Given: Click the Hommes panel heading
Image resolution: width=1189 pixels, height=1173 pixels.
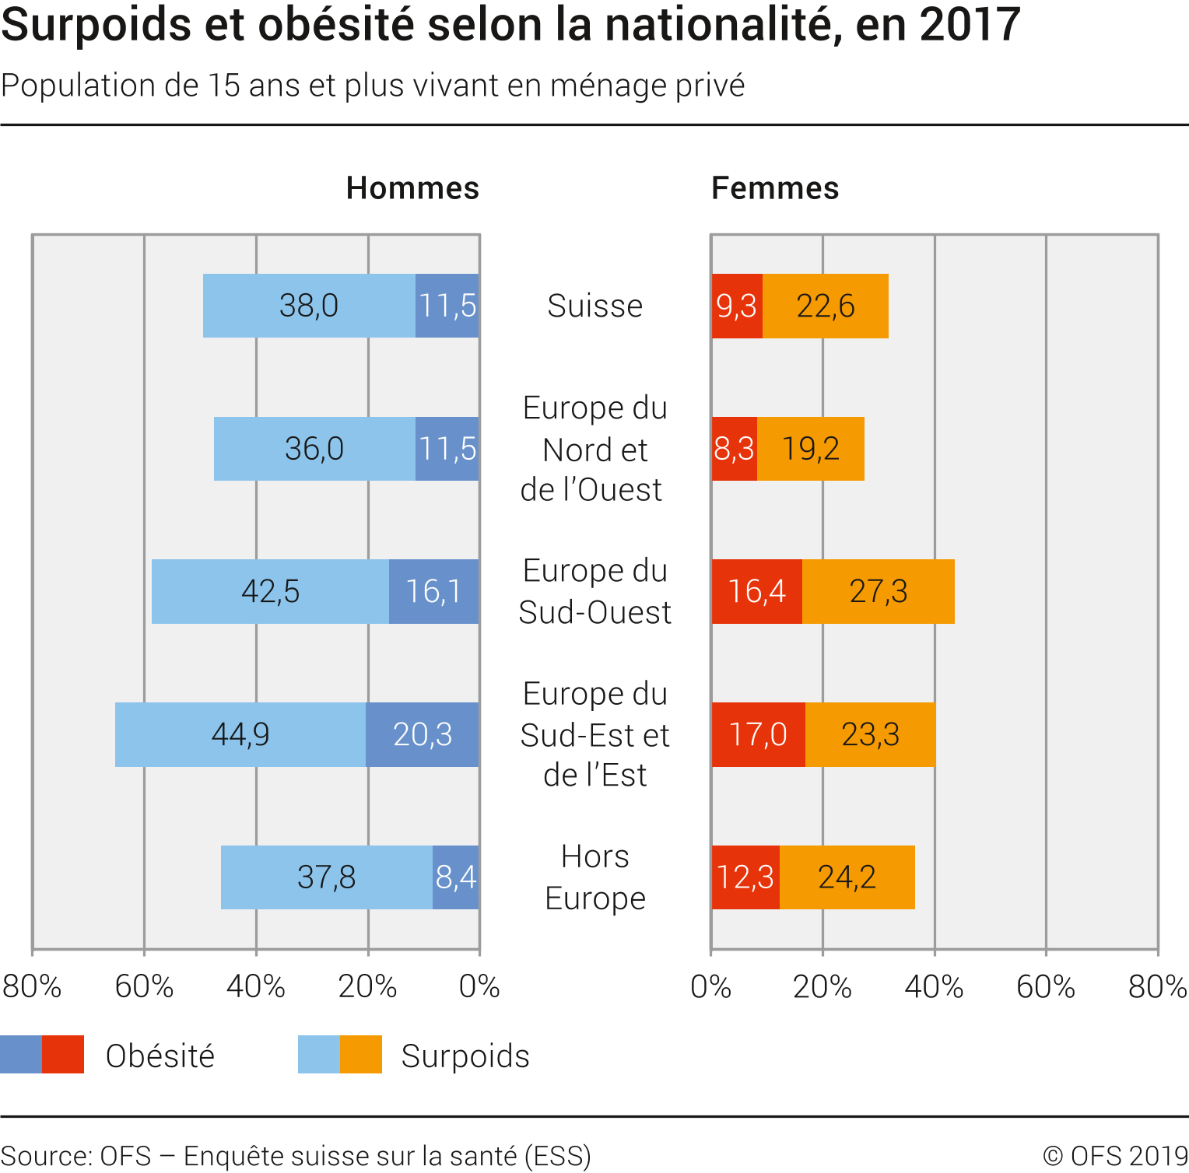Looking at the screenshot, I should click(x=412, y=188).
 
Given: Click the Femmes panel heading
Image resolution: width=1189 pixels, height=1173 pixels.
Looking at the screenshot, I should click(x=775, y=188).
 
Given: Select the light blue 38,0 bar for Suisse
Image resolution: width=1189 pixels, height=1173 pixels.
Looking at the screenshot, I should click(x=309, y=306).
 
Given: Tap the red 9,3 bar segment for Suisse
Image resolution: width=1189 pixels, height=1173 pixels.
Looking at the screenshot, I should click(x=737, y=306).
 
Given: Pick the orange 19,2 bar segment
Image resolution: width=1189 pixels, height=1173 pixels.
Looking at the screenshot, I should click(x=811, y=449).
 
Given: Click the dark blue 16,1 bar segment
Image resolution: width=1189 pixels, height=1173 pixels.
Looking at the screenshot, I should click(x=433, y=591).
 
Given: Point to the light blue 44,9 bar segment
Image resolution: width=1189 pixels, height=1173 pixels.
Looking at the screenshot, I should click(x=240, y=734).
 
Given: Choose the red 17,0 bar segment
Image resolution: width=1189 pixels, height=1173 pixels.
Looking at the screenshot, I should click(x=758, y=734).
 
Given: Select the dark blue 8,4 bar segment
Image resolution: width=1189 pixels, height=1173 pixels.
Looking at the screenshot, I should click(x=456, y=877).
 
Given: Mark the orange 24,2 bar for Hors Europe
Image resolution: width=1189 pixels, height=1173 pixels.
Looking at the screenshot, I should click(x=847, y=877).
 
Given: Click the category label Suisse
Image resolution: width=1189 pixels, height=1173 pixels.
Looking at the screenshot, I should click(x=595, y=306).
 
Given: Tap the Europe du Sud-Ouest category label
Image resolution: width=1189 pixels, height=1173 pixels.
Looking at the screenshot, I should click(x=595, y=591).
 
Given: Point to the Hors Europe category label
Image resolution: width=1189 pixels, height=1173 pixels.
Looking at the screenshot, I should click(x=595, y=877).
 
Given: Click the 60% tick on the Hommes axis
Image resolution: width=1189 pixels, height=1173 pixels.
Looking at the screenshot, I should click(x=144, y=986).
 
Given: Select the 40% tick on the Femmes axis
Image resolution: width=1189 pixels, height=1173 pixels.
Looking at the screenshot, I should click(x=934, y=986).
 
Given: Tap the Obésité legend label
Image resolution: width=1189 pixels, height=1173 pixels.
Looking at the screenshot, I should click(x=160, y=1056).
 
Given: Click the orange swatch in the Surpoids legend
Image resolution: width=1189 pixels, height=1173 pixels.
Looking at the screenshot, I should click(x=361, y=1055).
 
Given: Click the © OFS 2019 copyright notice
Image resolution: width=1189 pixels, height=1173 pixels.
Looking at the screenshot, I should click(x=1114, y=1156).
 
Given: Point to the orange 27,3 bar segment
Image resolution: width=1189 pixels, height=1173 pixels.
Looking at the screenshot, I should click(x=879, y=591).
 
